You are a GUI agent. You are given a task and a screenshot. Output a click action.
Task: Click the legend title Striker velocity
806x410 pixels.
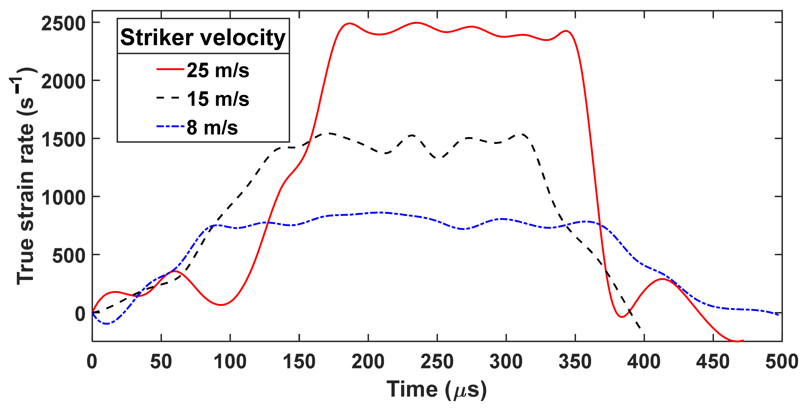coord(203,37)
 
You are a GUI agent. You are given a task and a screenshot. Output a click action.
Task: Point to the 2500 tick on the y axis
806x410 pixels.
coord(63,23)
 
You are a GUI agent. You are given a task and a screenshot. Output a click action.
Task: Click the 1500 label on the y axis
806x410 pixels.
coord(63,140)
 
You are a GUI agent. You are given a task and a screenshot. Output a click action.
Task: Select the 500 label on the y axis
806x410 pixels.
coord(69,256)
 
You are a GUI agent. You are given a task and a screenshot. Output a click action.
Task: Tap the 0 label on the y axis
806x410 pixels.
coord(80,314)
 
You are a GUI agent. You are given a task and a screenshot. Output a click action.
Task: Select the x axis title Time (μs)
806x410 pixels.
coord(437,389)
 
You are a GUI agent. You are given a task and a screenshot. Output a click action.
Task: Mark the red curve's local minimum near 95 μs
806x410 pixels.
coord(221,305)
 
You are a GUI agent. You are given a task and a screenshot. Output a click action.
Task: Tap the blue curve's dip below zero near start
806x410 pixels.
coord(107,324)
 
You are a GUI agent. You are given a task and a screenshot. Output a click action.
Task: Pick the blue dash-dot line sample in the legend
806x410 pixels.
coord(171,126)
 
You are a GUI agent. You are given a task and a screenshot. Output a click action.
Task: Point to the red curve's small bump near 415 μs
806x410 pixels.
coord(662,279)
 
